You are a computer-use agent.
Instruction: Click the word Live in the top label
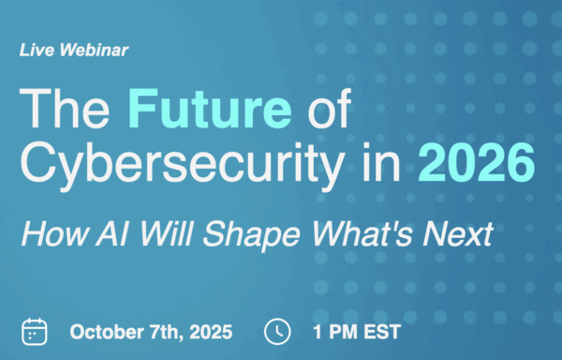pos(36,51)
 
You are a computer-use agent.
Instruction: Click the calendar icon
pos(35,331)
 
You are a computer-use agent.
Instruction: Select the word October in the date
pos(106,331)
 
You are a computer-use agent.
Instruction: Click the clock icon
pos(277,331)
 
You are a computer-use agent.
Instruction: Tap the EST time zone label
pos(382,331)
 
